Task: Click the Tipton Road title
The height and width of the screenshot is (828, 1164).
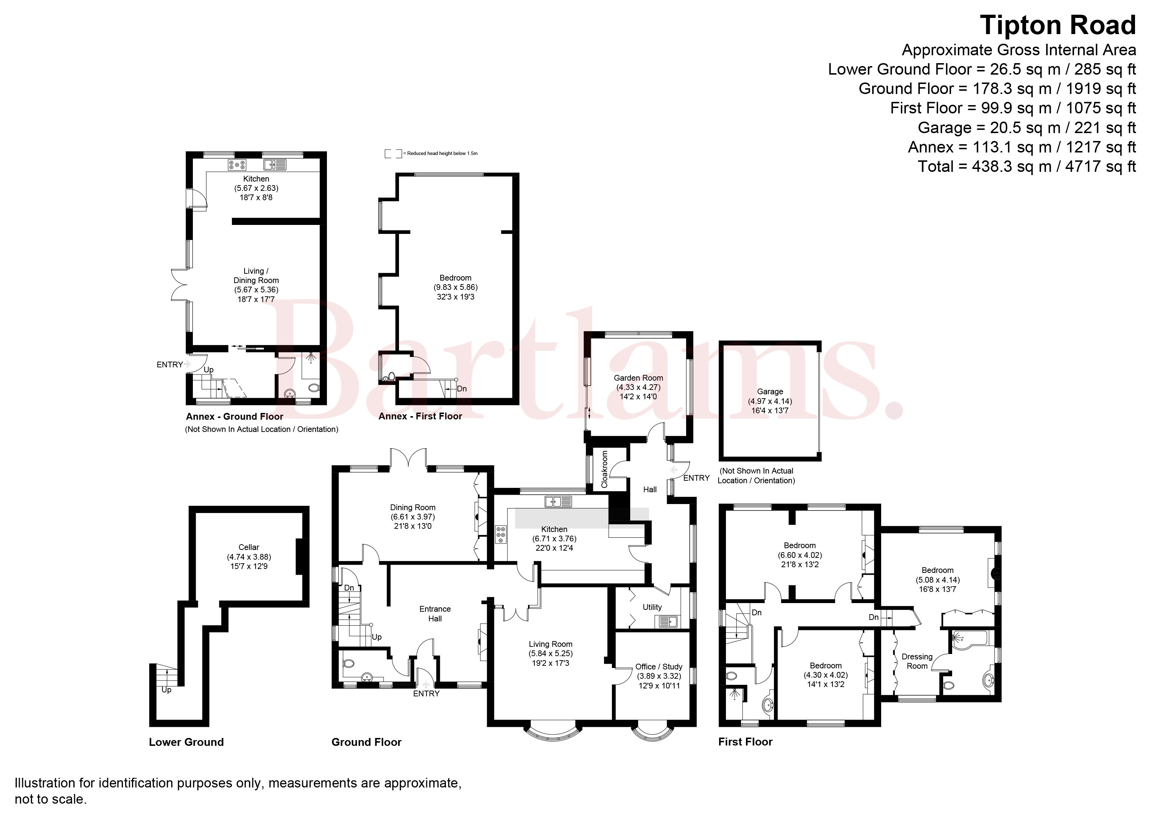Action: tap(1058, 25)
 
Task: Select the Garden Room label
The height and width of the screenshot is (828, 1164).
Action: tap(638, 378)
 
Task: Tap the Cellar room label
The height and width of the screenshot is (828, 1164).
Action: tap(248, 547)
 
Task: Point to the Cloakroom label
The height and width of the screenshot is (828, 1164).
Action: tap(605, 469)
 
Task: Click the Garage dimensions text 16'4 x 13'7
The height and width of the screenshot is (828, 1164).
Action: tap(770, 410)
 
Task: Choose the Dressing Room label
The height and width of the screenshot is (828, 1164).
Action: tap(917, 661)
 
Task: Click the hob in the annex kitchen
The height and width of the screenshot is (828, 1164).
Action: tap(237, 164)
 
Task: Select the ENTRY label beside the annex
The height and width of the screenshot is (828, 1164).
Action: tap(170, 364)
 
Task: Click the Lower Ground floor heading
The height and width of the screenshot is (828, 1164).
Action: tap(186, 742)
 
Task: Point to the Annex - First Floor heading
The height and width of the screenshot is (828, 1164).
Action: tap(420, 416)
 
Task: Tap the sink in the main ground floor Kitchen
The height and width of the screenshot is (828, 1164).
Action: tap(558, 502)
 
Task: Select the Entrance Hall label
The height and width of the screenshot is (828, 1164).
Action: tap(435, 613)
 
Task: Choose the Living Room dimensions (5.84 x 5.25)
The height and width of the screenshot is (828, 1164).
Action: tap(550, 653)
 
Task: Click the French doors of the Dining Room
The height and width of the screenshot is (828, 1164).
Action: tap(409, 457)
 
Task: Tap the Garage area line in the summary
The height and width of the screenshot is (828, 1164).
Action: tap(1027, 127)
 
